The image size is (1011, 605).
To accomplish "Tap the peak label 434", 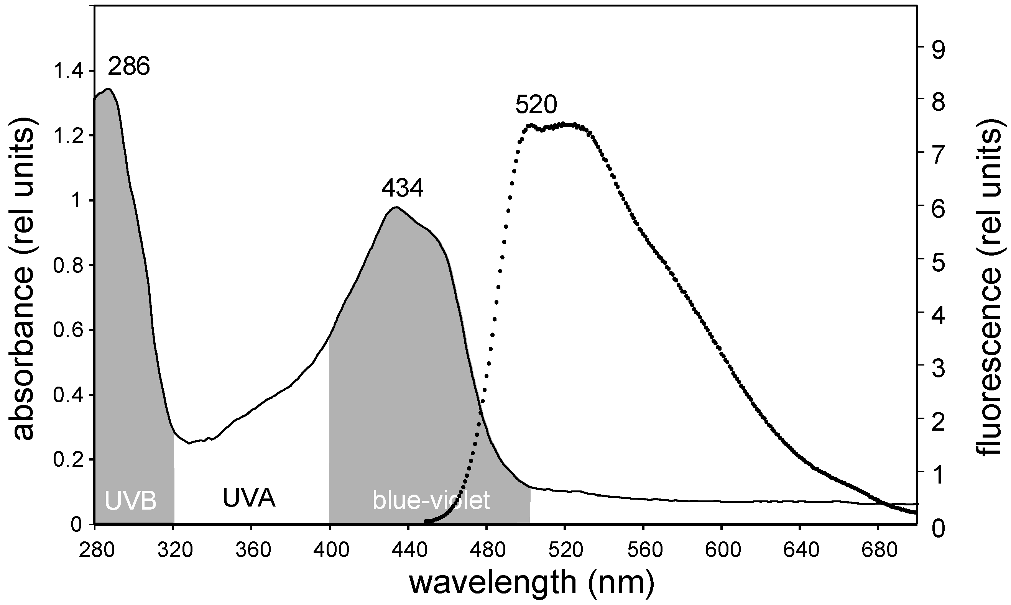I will click(x=403, y=189).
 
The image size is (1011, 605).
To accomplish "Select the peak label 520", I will click(x=536, y=106).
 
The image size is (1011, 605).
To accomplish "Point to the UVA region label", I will click(x=249, y=498).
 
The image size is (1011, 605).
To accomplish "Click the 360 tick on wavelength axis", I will click(x=251, y=550).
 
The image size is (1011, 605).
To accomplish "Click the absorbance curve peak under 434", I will click(x=396, y=208).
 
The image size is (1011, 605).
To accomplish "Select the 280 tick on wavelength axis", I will click(x=95, y=550).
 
